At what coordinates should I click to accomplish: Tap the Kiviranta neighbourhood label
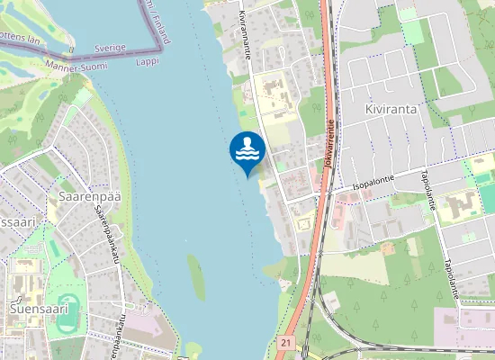click(391, 108)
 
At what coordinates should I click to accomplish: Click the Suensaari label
click(39, 309)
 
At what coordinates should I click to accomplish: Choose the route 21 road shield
click(286, 342)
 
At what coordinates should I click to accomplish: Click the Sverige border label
click(109, 47)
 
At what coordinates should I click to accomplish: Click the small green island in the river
click(195, 274)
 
